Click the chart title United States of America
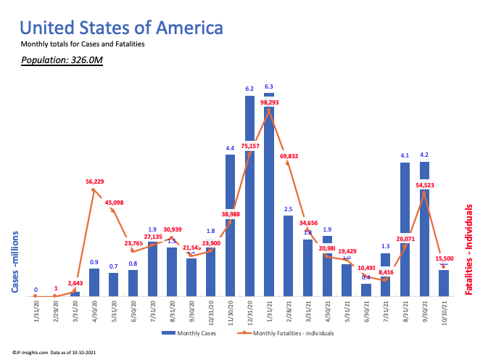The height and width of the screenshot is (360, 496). coord(121,28)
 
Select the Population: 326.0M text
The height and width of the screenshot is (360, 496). coord(62,60)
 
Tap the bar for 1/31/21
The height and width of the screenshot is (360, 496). coord(269,196)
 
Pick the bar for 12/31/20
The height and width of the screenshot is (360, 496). coord(249,196)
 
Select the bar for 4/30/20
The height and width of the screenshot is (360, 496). coord(94,282)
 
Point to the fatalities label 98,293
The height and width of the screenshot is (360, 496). coord(269,102)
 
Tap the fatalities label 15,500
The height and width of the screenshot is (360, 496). coord(445,258)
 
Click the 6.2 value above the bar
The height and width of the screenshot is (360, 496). coord(249,89)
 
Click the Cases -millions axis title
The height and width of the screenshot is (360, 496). coord(15,263)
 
